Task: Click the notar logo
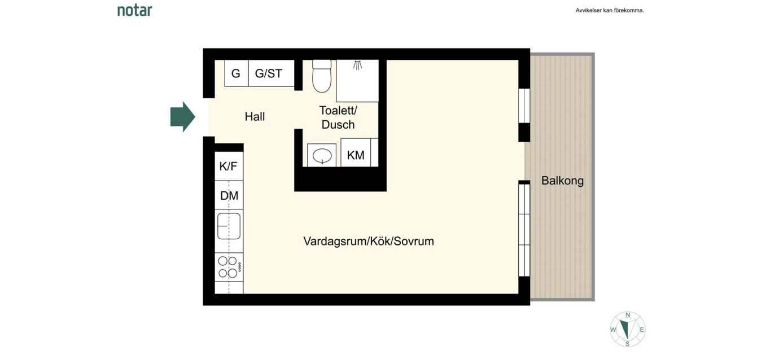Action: point(135,11)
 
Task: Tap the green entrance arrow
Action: point(183,117)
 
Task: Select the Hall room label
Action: point(255,117)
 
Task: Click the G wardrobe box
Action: point(237,73)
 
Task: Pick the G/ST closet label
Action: point(269,73)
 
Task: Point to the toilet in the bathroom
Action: point(322,76)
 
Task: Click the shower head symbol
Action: point(357,65)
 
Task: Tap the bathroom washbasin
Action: point(322,156)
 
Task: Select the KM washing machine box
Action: point(356,153)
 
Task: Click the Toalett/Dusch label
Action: point(338,117)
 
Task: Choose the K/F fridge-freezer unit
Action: point(229,166)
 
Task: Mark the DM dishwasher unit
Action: point(229,195)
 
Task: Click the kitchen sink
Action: point(229,226)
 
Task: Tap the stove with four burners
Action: point(229,267)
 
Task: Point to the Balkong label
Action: point(562,181)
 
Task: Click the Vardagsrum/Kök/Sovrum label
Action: point(369,242)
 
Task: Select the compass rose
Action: point(628,330)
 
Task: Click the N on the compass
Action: point(628,315)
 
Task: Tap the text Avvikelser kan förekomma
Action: point(610,11)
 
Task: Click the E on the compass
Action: point(642,330)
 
